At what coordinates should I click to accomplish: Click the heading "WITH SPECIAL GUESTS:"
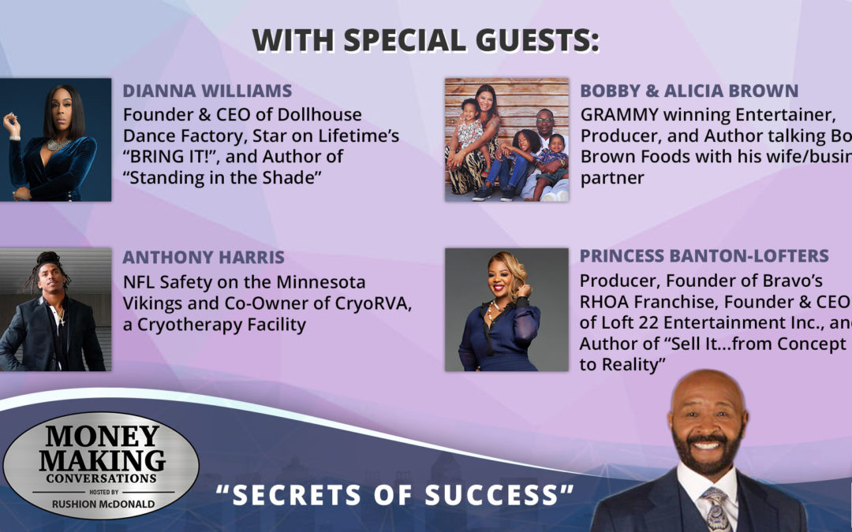tap(426, 40)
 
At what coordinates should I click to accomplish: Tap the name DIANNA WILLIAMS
tap(207, 91)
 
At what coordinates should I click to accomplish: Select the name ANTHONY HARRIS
tap(204, 259)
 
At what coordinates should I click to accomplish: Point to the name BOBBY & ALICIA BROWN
tap(689, 91)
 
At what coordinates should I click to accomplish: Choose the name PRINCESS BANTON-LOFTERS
tap(704, 256)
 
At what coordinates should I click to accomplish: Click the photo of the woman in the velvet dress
tap(55, 140)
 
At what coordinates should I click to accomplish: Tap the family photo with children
tap(506, 140)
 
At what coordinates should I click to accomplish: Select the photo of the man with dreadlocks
tap(55, 310)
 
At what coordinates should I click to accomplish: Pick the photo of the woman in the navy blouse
tap(506, 310)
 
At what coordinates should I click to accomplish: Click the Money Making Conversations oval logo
tap(100, 464)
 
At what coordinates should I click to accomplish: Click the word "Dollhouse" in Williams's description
tap(323, 114)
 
